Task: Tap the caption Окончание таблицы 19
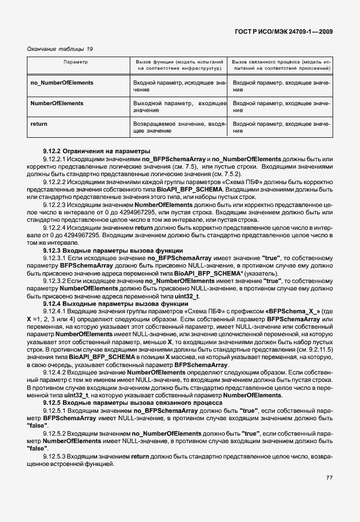(60, 49)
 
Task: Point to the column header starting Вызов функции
(179, 64)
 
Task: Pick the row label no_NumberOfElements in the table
(62, 83)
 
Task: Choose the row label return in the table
(39, 124)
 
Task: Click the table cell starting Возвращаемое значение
(179, 127)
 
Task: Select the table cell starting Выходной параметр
(179, 106)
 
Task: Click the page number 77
(329, 478)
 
